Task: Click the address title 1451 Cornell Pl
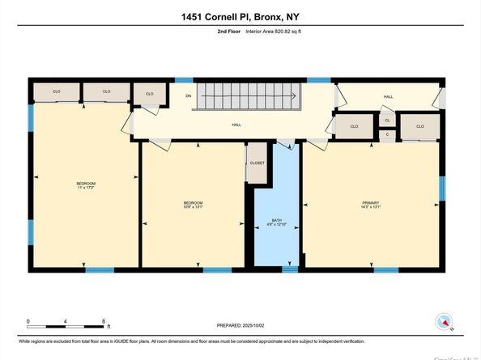pos(240,15)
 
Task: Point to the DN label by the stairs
pos(188,95)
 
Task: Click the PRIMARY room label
pos(371,202)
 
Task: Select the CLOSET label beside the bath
pos(257,163)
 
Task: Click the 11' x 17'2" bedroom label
pos(86,186)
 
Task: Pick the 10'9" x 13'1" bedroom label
pos(193,205)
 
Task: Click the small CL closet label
pos(388,121)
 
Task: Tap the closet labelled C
pos(388,134)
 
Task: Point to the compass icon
pos(443,321)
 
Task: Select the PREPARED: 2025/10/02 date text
pos(241,325)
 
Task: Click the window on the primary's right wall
pos(442,188)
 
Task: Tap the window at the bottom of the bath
pos(289,269)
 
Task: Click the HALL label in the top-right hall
pos(389,97)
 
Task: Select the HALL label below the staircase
pos(236,125)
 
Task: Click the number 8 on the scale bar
pos(104,320)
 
